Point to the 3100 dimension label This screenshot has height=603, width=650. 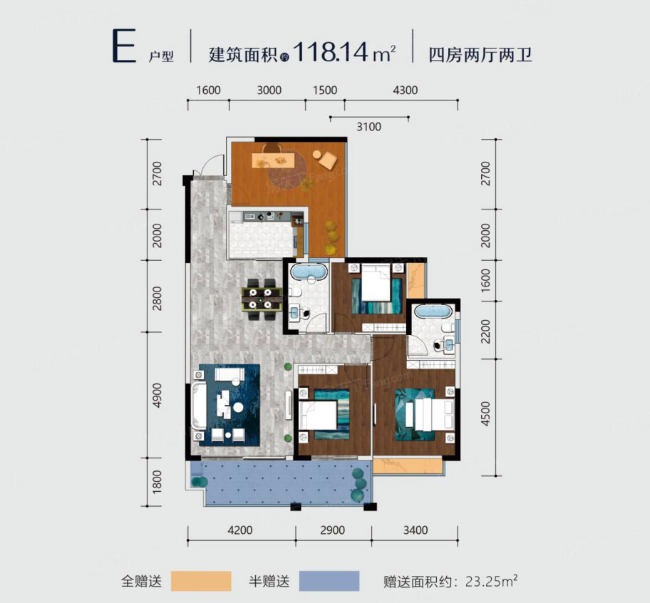[x=369, y=127]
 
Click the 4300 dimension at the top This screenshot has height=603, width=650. [x=404, y=91]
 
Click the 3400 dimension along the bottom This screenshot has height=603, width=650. [x=414, y=530]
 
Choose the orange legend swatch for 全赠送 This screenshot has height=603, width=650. [x=201, y=581]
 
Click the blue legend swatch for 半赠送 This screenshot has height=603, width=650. [x=329, y=581]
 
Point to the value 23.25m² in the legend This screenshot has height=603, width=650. [x=485, y=581]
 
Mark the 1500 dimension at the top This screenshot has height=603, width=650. [x=324, y=91]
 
